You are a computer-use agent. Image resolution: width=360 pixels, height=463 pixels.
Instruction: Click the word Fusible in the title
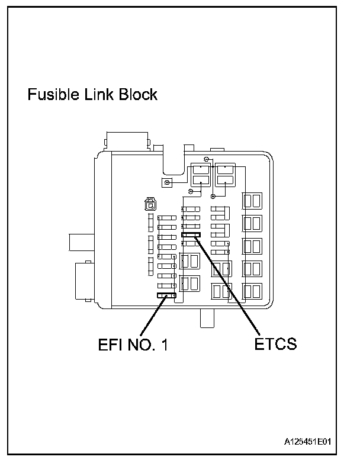pos(54,95)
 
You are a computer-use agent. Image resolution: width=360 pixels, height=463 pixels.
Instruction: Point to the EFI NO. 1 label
pos(133,345)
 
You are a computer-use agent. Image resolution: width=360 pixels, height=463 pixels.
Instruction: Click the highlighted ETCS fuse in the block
pos(191,235)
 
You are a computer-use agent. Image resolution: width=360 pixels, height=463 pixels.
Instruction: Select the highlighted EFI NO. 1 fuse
pos(166,295)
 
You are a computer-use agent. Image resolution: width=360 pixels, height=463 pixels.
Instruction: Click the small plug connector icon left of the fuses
pos(149,205)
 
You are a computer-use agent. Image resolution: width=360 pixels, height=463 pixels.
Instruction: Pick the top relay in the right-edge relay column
pos(252,201)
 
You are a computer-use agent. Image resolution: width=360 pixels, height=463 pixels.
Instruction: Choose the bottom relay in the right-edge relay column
pos(252,290)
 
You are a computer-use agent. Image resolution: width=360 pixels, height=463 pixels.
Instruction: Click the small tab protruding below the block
pos(208,317)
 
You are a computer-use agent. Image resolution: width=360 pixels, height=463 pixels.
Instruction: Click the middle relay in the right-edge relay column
pos(252,246)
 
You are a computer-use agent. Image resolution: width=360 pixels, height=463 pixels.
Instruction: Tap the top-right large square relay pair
pos(225,175)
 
